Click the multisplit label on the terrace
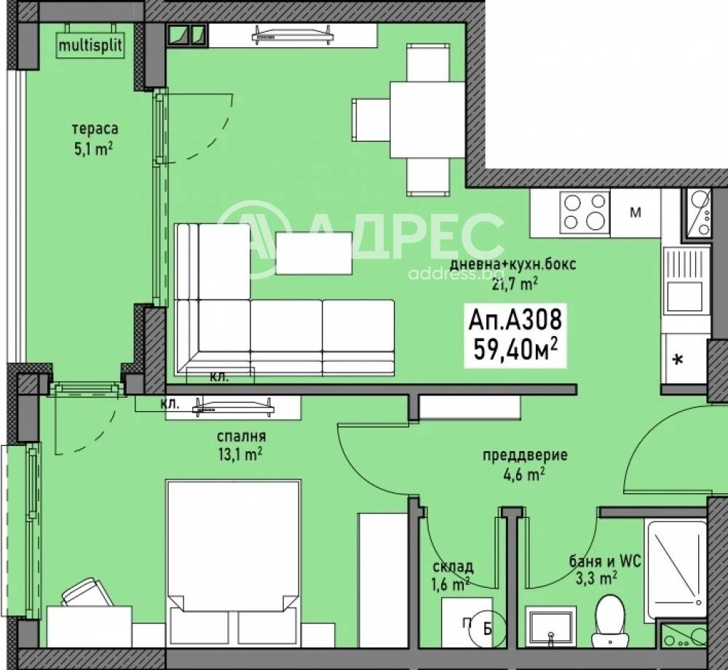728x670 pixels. (90, 46)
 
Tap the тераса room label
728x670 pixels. (95, 129)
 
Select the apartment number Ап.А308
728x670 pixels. (515, 319)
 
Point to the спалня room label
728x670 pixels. (242, 436)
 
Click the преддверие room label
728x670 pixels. (525, 455)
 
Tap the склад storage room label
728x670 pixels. (453, 566)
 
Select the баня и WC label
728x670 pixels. (605, 562)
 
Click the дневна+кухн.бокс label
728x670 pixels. (513, 264)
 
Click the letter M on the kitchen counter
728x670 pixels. (635, 213)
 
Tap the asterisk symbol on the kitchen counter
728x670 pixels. (678, 359)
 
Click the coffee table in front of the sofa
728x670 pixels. (314, 253)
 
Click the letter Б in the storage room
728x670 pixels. (487, 629)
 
